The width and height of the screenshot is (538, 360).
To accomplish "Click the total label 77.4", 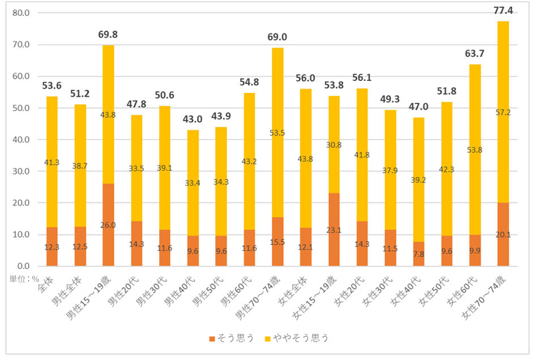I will (503, 10).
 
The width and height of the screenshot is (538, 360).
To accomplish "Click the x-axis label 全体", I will (44, 285).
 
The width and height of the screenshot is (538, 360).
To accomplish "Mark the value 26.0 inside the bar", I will (108, 225).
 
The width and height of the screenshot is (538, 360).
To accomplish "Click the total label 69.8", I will (108, 35).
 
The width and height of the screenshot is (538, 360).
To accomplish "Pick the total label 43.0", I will (193, 119).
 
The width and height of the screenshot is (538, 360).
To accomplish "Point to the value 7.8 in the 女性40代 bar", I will (419, 254).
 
